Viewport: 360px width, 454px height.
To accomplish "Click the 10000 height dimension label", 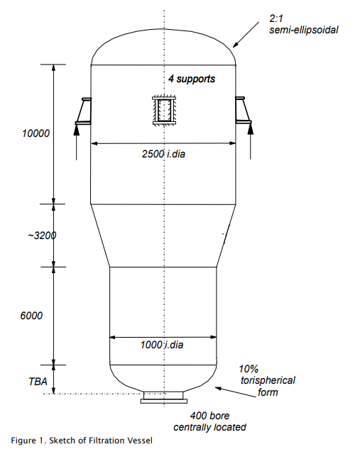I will pos(33,133).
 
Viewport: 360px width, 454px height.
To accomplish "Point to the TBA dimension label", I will pos(36,382).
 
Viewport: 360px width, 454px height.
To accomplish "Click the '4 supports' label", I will pos(192,78).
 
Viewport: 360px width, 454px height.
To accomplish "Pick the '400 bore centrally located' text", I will pos(209,421).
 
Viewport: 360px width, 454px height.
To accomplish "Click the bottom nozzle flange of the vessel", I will pos(164,399).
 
